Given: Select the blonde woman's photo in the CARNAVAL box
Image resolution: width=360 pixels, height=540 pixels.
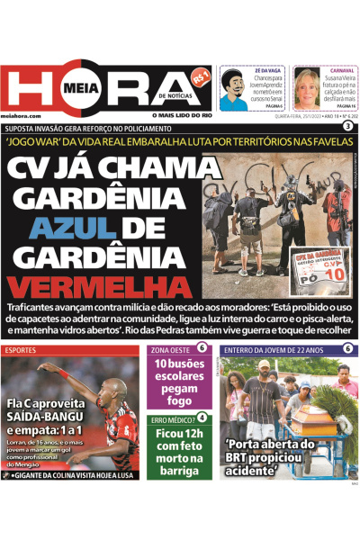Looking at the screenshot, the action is click(306, 89).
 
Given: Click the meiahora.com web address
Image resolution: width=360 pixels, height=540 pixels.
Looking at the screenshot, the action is click(22, 116).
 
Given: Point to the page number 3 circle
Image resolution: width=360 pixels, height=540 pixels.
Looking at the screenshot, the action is click(347, 127).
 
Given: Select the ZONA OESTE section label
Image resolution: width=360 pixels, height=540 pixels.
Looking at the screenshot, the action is click(169, 348).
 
